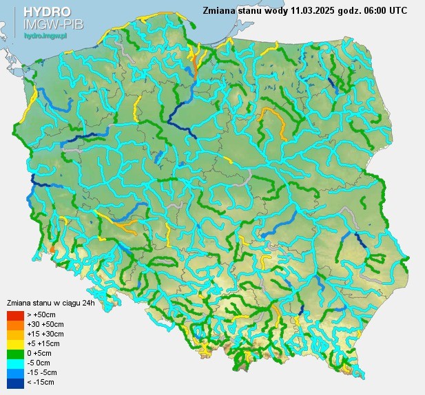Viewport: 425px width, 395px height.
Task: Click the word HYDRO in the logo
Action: pyautogui.click(x=47, y=12)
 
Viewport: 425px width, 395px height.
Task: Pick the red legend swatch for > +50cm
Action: pyautogui.click(x=15, y=314)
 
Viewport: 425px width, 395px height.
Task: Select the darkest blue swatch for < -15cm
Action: pyautogui.click(x=15, y=382)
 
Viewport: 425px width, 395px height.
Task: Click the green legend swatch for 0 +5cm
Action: pyautogui.click(x=15, y=353)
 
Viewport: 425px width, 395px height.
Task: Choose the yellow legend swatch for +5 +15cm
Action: pyautogui.click(x=15, y=343)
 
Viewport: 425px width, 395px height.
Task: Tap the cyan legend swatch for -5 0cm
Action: pyautogui.click(x=15, y=363)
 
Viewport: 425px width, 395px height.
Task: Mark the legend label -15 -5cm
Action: pyautogui.click(x=43, y=372)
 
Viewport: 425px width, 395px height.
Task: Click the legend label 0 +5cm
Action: pyautogui.click(x=40, y=353)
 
